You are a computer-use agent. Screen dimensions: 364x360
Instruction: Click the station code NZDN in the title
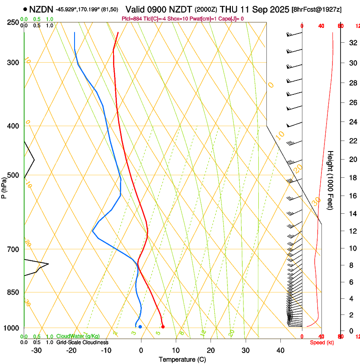pyautogui.click(x=41, y=8)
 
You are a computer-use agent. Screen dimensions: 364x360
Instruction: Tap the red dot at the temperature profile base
pyautogui.click(x=163, y=327)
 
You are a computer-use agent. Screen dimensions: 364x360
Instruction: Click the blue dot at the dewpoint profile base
pyautogui.click(x=140, y=327)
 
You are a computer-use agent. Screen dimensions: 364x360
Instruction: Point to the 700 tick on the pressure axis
pyautogui.click(x=13, y=249)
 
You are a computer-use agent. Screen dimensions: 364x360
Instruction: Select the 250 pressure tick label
pyautogui.click(x=13, y=22)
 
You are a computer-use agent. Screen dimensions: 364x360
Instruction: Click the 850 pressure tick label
pyautogui.click(x=13, y=292)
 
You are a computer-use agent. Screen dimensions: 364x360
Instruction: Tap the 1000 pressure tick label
pyautogui.click(x=11, y=328)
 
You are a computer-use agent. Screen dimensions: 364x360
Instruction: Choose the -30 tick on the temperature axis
pyautogui.click(x=36, y=350)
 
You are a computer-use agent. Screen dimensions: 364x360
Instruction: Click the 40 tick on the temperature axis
pyautogui.click(x=280, y=350)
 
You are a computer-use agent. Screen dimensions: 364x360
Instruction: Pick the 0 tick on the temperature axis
pyautogui.click(x=141, y=350)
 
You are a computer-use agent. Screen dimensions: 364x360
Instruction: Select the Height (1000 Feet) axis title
pyautogui.click(x=331, y=180)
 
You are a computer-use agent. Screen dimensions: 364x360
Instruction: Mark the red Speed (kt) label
pyautogui.click(x=322, y=342)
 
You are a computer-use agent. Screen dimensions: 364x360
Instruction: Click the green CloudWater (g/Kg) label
pyautogui.click(x=78, y=336)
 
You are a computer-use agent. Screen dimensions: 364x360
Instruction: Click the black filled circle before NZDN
pyautogui.click(x=25, y=8)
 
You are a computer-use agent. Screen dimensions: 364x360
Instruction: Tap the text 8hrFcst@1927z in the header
pyautogui.click(x=317, y=9)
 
